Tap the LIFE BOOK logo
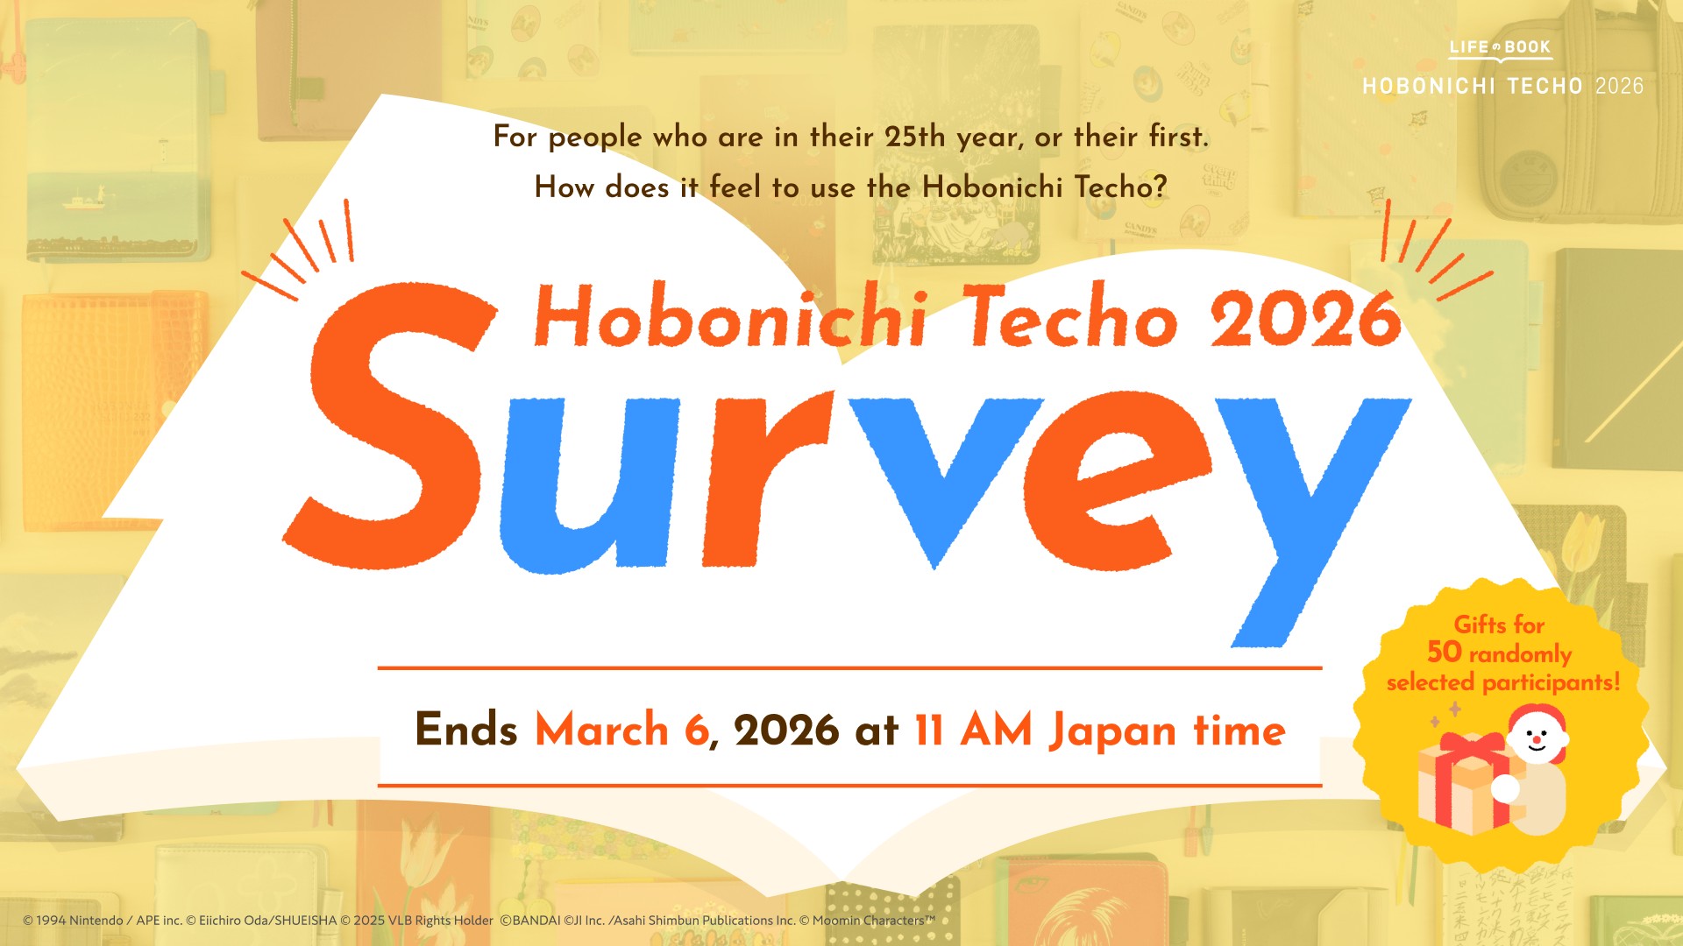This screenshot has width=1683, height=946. pos(1500,48)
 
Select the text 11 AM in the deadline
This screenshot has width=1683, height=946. pos(973,730)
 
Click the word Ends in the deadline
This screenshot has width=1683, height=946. pos(465,730)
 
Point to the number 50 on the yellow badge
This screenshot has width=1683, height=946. pos(1444,652)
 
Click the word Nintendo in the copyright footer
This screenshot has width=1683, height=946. pos(96,921)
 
